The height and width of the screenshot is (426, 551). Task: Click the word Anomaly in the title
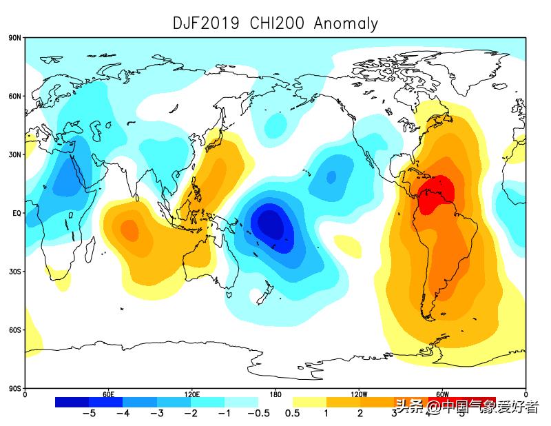point(346,23)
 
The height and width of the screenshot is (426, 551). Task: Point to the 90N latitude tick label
point(14,38)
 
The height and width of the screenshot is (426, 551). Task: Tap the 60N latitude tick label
point(14,97)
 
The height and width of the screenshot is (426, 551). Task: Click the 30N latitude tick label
point(14,155)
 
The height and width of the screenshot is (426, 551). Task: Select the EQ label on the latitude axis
point(16,214)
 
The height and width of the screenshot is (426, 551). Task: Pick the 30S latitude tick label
point(14,272)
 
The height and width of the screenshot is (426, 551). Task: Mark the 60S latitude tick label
point(14,330)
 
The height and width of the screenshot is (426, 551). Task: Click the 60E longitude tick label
point(108,395)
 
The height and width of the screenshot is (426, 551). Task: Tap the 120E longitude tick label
point(191,395)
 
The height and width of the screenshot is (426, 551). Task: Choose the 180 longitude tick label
point(275,395)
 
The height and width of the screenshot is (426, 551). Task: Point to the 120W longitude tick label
point(358,395)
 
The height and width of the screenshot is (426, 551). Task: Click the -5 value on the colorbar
point(89,414)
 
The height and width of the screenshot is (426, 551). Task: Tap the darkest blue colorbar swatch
point(72,402)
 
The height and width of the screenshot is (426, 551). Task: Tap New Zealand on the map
point(262,296)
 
